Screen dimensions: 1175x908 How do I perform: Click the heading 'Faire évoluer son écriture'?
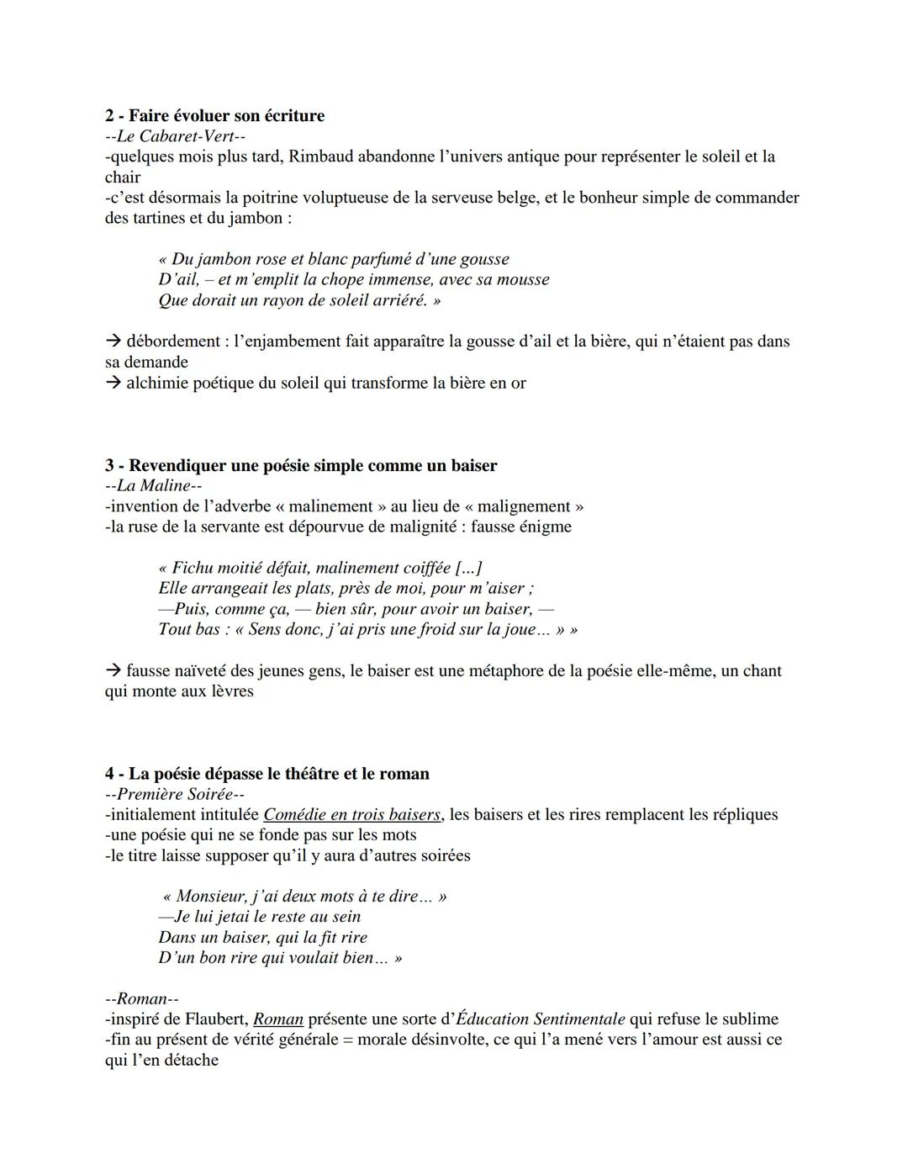click(226, 115)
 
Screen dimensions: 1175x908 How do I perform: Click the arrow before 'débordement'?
click(113, 341)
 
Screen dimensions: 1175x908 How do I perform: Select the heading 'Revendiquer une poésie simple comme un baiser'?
click(312, 465)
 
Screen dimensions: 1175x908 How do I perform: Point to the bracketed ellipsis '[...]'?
click(467, 568)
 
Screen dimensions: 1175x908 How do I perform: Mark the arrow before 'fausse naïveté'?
click(113, 671)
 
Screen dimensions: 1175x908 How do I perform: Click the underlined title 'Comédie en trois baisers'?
click(351, 814)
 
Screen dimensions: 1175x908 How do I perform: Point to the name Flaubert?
click(214, 1019)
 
